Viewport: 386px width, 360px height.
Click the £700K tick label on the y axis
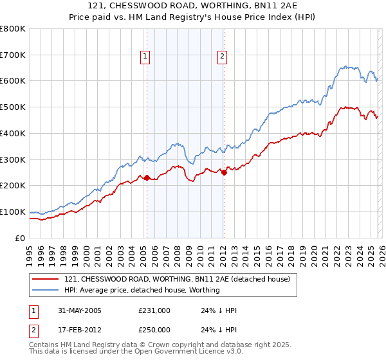(13, 55)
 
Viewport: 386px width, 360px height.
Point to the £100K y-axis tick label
(13, 212)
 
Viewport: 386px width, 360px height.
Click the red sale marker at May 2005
(147, 177)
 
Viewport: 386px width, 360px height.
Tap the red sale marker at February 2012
(224, 172)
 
